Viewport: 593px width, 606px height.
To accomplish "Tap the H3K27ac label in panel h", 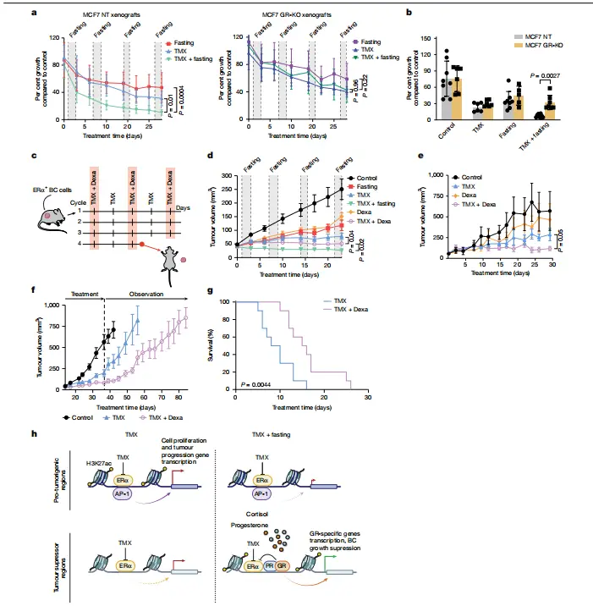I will (x=89, y=466).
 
